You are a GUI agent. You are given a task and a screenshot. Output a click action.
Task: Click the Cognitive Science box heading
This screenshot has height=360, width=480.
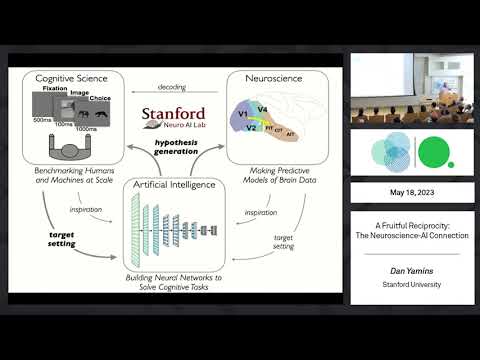click(79, 77)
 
